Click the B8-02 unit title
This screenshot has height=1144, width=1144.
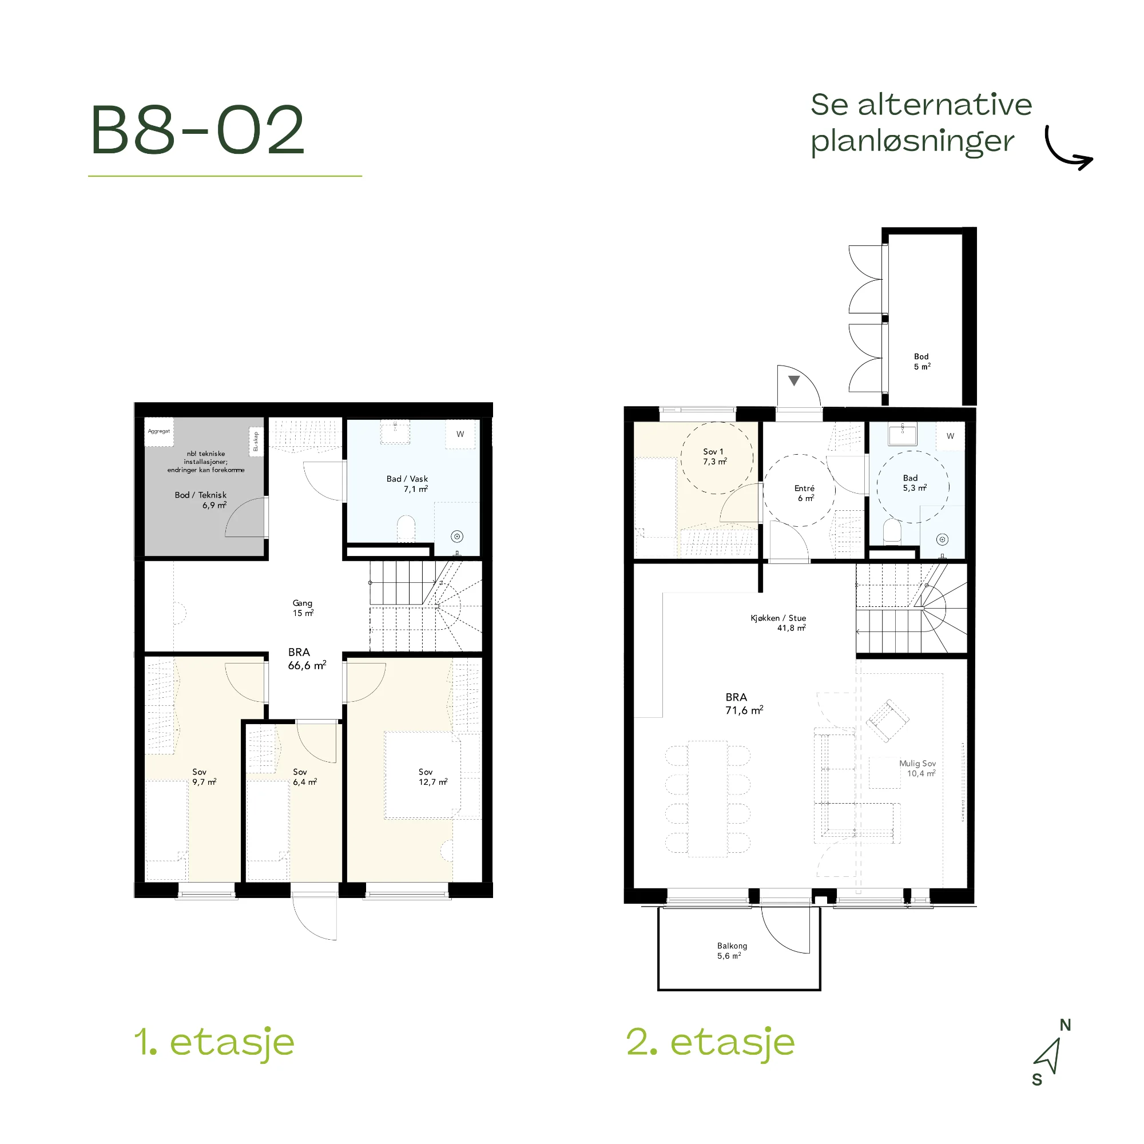coord(198,130)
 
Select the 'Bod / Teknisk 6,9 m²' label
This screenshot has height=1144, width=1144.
coord(201,500)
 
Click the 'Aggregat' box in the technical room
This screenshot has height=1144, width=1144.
coord(158,431)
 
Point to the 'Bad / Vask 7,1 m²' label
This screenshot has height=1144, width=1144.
coord(407,484)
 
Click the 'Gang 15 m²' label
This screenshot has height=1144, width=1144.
coord(303,607)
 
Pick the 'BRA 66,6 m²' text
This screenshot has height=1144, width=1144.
coord(307,658)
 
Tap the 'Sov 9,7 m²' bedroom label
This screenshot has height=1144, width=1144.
coord(204,777)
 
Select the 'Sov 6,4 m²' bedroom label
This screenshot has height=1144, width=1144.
coord(304,777)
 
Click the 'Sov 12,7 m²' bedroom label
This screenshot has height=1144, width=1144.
coord(433,777)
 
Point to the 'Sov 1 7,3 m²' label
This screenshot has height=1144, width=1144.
coord(714,456)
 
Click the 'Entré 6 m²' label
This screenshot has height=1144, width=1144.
coord(805,493)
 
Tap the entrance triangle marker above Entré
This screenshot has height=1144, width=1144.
coord(794,381)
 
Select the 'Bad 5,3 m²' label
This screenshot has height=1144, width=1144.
coord(914,483)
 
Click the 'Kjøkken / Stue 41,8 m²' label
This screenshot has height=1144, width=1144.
coord(778,623)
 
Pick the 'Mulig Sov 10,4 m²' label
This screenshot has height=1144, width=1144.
coord(917,769)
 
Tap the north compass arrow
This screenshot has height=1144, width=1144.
coord(1048,1056)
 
